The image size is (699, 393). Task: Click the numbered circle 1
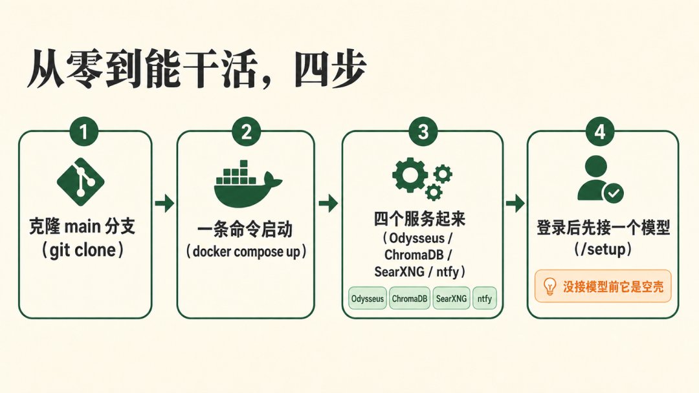[83, 132]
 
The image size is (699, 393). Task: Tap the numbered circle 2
[246, 132]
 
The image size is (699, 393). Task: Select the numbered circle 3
[423, 132]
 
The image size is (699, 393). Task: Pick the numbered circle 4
[600, 132]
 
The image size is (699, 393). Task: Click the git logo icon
[81, 182]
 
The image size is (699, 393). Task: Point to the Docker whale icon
[247, 184]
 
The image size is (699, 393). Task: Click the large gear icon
[410, 175]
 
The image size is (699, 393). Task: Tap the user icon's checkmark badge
[614, 193]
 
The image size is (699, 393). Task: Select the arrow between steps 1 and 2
[164, 204]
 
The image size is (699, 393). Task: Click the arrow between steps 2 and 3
[328, 204]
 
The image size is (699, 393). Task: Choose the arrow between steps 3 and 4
[515, 204]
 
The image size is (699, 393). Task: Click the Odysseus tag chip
[368, 298]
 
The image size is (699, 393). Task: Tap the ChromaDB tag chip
[409, 298]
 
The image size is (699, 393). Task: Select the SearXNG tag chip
[451, 298]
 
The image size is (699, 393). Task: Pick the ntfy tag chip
[485, 298]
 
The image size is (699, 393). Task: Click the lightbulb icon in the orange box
[549, 286]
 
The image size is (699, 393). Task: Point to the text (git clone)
[82, 250]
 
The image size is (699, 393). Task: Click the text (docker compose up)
[246, 252]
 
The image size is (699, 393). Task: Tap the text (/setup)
[603, 249]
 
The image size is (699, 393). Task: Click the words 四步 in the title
[330, 69]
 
